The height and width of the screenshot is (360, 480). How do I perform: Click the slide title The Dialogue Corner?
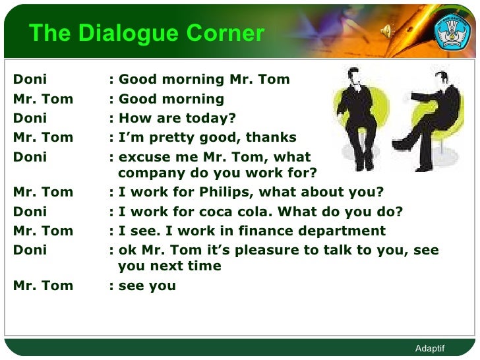[146, 33]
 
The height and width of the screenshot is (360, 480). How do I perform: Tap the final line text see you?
[147, 286]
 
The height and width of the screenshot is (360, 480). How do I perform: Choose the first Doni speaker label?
[30, 80]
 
